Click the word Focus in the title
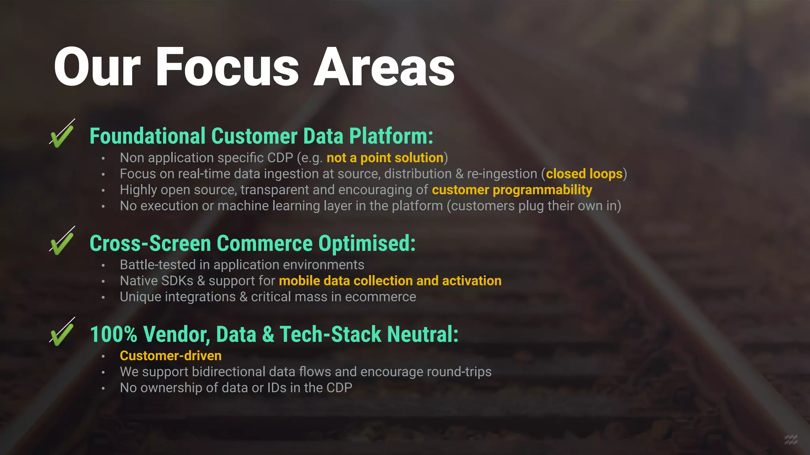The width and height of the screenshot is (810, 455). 227,67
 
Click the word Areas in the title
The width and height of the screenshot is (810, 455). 384,67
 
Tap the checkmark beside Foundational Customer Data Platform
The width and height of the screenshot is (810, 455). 62,135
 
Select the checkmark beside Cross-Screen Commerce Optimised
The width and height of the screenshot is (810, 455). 62,242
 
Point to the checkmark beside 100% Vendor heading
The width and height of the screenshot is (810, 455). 62,333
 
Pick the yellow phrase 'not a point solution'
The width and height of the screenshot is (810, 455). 385,158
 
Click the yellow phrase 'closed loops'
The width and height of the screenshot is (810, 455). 584,174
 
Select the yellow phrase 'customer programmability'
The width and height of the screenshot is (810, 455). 512,190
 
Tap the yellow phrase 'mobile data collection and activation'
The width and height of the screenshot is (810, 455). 390,281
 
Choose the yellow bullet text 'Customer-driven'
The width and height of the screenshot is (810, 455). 170,356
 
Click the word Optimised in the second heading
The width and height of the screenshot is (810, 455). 367,243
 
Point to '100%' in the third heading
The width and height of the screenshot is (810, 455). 114,335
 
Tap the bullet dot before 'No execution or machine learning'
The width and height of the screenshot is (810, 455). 103,207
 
